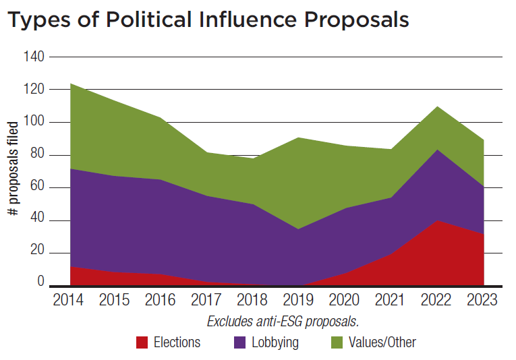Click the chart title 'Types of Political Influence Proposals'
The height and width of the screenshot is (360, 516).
[208, 20]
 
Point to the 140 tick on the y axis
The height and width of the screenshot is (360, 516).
[34, 57]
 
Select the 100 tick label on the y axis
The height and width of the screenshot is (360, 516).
[34, 123]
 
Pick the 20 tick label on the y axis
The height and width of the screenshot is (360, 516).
[36, 253]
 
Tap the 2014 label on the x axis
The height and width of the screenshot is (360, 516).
[67, 300]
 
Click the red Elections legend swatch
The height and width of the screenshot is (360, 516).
[142, 342]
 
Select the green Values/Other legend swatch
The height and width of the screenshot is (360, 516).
[337, 342]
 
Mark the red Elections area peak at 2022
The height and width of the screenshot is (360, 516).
[438, 221]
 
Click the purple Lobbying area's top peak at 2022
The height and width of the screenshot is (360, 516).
[438, 150]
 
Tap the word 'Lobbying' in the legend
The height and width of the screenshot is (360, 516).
[275, 342]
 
